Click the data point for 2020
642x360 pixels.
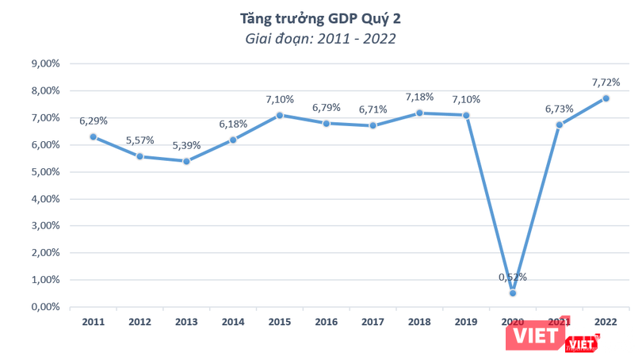[513, 293]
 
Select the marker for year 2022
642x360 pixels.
[606, 98]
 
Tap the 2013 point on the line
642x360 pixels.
[186, 161]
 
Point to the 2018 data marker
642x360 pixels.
[419, 113]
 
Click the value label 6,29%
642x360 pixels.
[94, 121]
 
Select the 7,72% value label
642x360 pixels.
[605, 82]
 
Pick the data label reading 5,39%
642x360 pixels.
[187, 146]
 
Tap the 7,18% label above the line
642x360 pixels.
[419, 97]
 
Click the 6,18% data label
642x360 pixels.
[233, 124]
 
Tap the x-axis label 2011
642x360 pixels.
[94, 321]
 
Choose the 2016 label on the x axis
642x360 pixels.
[326, 321]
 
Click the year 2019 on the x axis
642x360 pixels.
[466, 321]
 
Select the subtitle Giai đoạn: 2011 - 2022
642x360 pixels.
[320, 36]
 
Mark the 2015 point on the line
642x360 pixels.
[280, 115]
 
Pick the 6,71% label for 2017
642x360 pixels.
[373, 109]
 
